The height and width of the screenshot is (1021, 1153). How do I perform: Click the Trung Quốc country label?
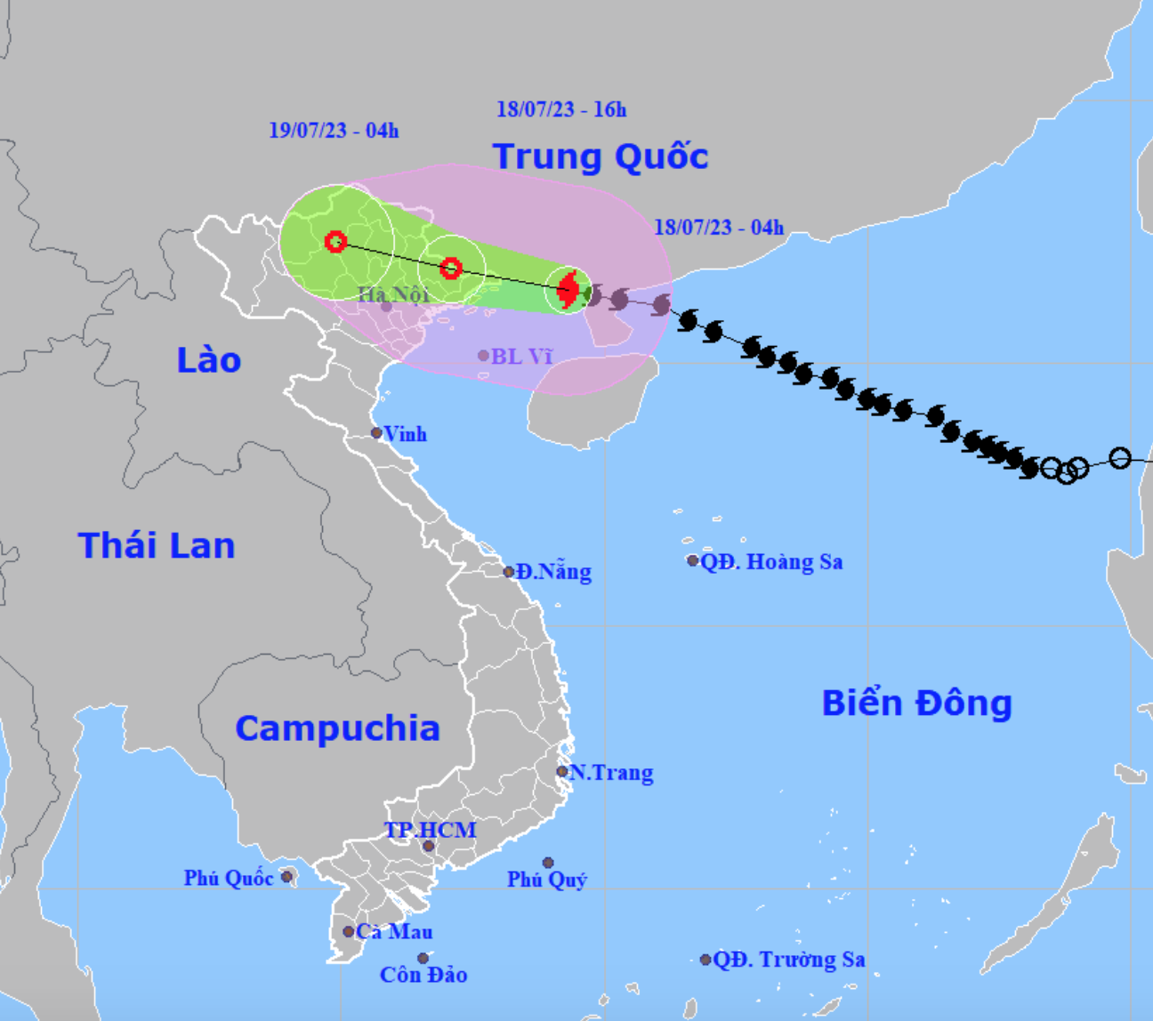(601, 157)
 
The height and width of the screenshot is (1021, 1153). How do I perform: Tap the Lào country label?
(209, 360)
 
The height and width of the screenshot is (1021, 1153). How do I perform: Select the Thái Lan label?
(157, 545)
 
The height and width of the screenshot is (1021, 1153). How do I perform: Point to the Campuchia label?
(337, 728)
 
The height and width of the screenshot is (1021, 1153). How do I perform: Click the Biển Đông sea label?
(916, 703)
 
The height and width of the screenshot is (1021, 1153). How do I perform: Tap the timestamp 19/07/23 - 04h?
(334, 131)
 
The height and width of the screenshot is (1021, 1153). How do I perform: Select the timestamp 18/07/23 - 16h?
(561, 109)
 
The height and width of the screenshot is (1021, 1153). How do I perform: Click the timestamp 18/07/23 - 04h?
(719, 227)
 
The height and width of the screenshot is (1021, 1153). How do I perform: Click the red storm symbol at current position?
(568, 289)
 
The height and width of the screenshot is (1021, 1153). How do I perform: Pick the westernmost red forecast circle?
(335, 241)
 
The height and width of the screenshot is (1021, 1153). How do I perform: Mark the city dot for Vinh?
(376, 433)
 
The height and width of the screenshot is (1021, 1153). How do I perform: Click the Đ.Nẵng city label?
(553, 571)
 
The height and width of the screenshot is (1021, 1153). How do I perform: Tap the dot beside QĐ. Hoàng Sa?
(692, 560)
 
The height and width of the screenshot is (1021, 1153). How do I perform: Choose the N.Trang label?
(611, 772)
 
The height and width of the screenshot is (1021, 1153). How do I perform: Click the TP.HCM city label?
(431, 830)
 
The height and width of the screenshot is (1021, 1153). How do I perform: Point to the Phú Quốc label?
(229, 878)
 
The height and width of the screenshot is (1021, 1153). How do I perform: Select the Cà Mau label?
(394, 931)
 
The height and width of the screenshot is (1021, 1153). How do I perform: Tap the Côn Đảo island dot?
(423, 959)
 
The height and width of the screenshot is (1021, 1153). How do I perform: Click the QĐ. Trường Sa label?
(788, 960)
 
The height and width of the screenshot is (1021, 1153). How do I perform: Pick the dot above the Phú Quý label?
(548, 863)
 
